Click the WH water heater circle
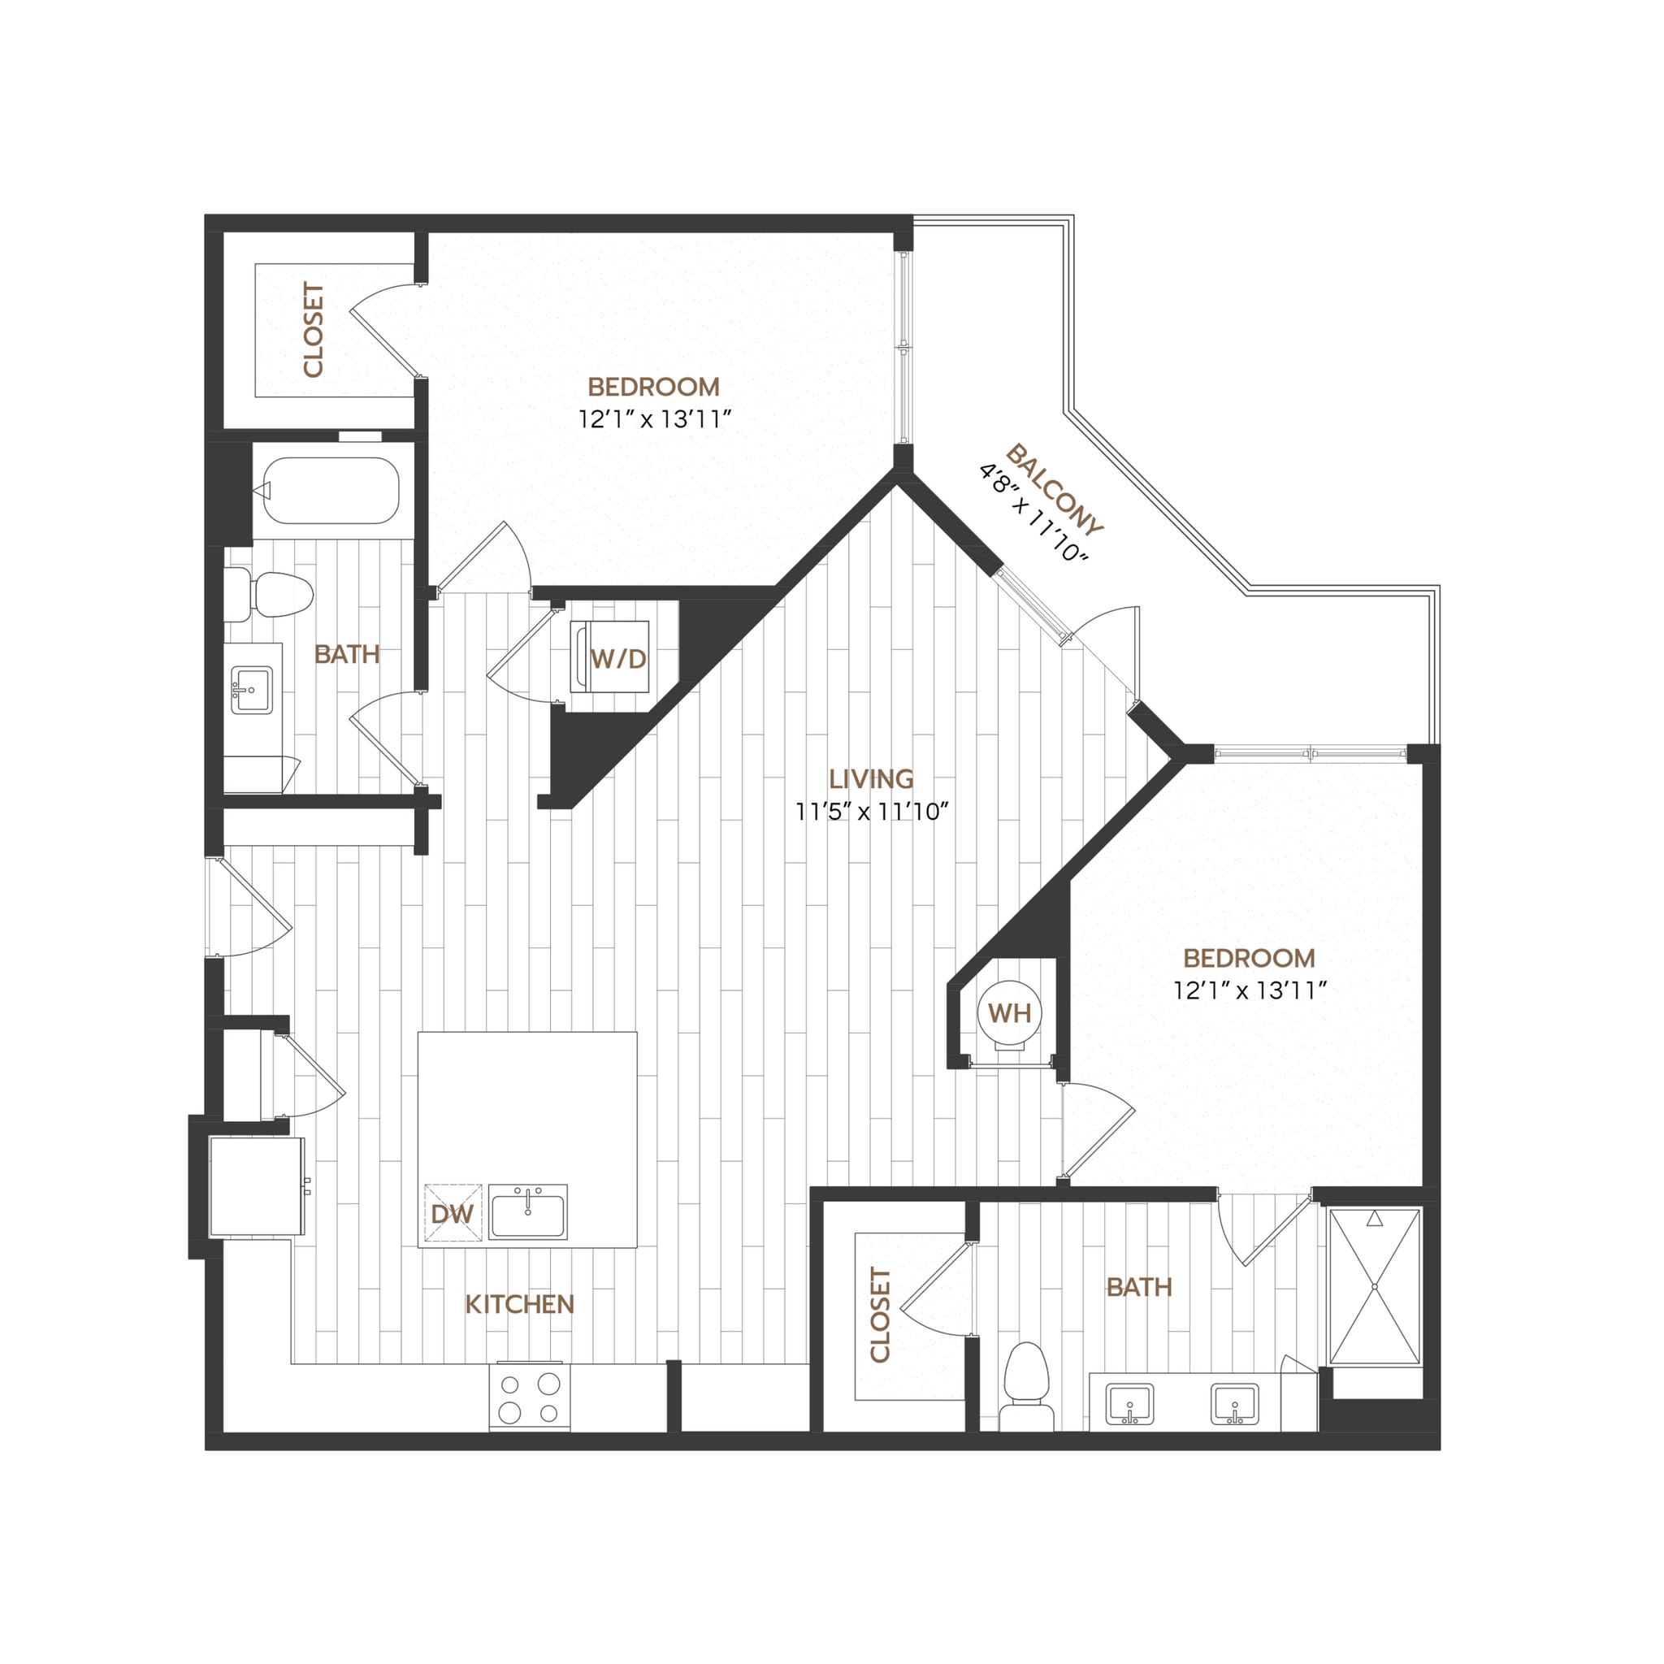[1009, 1013]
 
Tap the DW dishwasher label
[453, 1215]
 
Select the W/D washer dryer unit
[610, 657]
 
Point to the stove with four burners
[530, 1397]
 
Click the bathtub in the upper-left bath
[331, 490]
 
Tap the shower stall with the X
[1374, 1287]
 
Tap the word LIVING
[871, 778]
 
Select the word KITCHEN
[519, 1304]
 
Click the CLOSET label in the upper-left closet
[314, 330]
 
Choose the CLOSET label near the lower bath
[879, 1315]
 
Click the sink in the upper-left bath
[252, 691]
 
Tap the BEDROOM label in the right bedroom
[1249, 958]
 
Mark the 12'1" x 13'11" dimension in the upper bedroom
[655, 419]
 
